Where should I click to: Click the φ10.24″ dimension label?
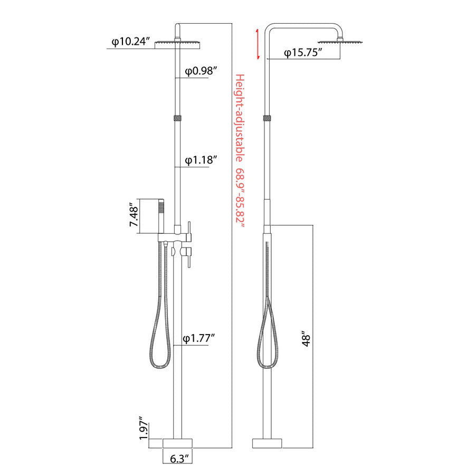coord(131,42)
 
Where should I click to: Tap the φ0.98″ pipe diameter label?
coord(201,71)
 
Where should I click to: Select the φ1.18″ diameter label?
coord(201,160)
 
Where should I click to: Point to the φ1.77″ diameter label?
coord(199,338)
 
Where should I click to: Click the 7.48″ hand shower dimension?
coord(134,215)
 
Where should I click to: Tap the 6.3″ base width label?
coord(181,459)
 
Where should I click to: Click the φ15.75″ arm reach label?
coord(303,53)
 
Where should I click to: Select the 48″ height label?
coord(306,340)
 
